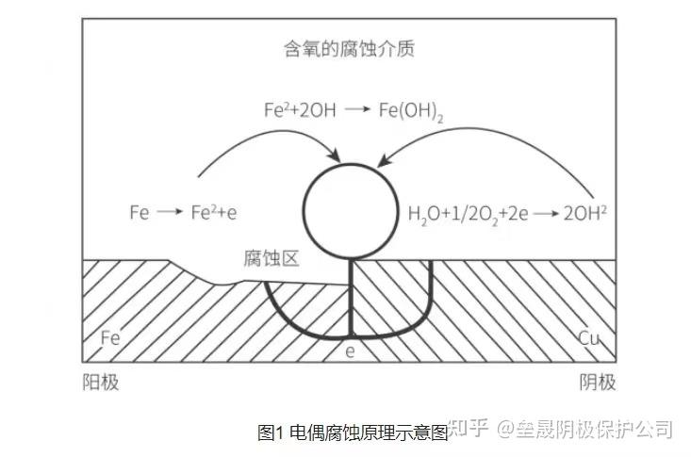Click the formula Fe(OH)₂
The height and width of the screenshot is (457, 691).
point(411,110)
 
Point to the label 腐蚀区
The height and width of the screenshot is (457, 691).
point(271,259)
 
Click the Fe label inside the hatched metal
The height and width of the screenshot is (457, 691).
point(110,337)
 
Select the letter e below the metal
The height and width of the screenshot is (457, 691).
point(350,351)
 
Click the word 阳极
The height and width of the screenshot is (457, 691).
point(101,382)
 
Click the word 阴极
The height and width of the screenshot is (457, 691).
point(597,382)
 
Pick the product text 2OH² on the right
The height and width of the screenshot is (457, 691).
point(584,213)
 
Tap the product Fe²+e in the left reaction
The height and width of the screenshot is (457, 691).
point(213,213)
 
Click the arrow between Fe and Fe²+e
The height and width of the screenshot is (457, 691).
point(169,213)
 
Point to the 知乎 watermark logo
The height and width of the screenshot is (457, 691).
point(468,430)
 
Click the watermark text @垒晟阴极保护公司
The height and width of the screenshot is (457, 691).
point(585,431)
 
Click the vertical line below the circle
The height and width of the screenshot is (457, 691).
point(350,297)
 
